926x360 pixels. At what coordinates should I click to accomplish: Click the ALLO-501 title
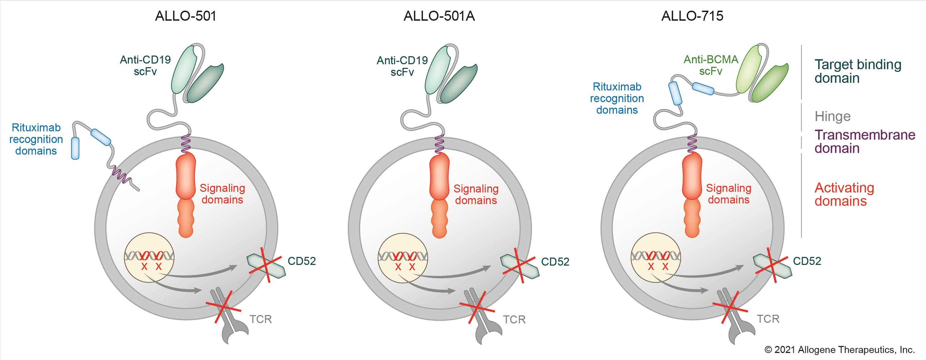[x=185, y=16]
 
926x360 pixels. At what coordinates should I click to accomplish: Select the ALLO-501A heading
[x=439, y=16]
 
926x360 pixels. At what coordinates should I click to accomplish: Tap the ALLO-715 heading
[x=692, y=16]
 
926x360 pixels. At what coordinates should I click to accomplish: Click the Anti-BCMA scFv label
[x=711, y=65]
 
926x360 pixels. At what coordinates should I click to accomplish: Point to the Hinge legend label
[x=833, y=116]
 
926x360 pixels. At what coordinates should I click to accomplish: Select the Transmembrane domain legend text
[x=865, y=141]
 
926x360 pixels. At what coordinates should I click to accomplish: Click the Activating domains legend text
[x=844, y=194]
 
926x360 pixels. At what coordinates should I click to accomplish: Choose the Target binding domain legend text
[x=858, y=71]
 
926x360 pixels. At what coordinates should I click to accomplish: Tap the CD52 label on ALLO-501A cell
[x=555, y=261]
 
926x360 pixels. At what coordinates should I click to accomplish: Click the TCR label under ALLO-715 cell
[x=768, y=319]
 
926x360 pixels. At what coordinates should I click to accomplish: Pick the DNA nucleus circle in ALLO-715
[x=656, y=257]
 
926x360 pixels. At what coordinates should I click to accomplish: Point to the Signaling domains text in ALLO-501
[x=222, y=194]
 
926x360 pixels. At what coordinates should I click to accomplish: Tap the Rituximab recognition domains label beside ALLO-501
[x=36, y=139]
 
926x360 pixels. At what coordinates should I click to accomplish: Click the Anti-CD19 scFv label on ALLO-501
[x=145, y=65]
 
